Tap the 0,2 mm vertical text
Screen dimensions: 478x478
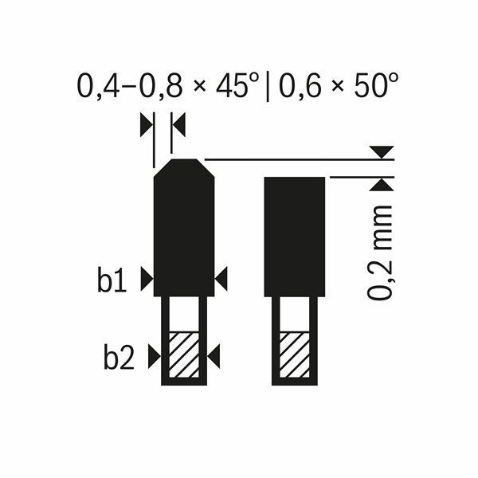click(382, 251)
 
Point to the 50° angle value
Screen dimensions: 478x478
click(374, 84)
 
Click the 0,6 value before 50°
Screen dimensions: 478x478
click(299, 84)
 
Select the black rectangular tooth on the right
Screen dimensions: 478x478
click(294, 235)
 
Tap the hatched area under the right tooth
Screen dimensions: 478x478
click(294, 352)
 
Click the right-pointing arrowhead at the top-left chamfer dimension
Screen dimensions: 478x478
click(145, 124)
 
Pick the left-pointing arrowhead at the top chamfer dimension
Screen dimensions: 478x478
click(178, 124)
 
